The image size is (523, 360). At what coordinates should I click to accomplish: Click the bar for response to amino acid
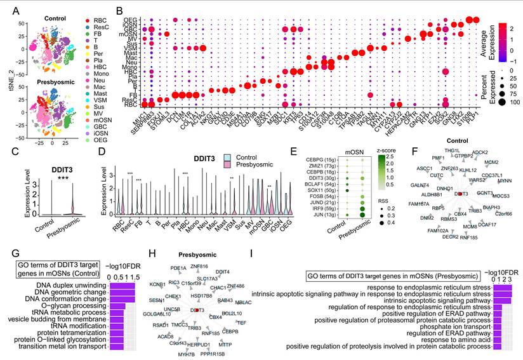coord(497,337)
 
